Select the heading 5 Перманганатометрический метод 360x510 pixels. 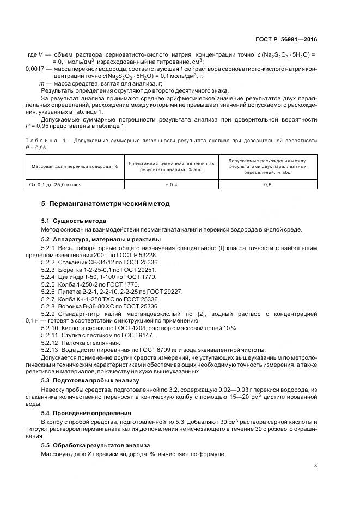(x=106, y=204)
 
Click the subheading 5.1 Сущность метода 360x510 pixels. (x=74, y=221)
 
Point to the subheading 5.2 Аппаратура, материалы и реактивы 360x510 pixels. (x=98, y=240)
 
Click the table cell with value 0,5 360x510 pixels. (x=267, y=185)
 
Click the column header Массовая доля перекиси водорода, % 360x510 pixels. (x=75, y=166)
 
